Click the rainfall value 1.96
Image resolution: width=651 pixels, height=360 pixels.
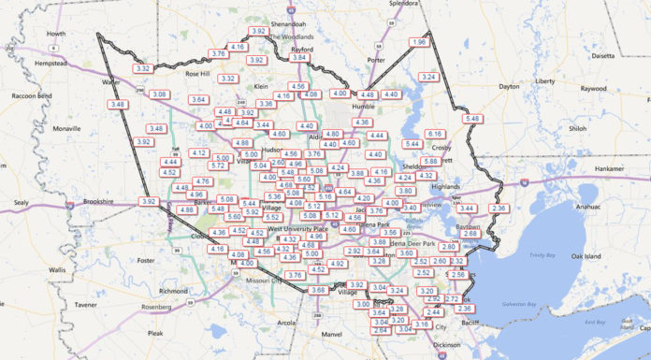(418, 42)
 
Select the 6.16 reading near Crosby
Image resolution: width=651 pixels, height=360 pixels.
(435, 135)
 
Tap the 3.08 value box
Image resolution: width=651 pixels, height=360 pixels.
(160, 94)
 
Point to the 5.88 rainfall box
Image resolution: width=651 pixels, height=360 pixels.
(429, 161)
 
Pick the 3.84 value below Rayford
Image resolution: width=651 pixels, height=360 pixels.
(299, 58)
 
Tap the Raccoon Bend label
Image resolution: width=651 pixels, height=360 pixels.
(31, 95)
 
